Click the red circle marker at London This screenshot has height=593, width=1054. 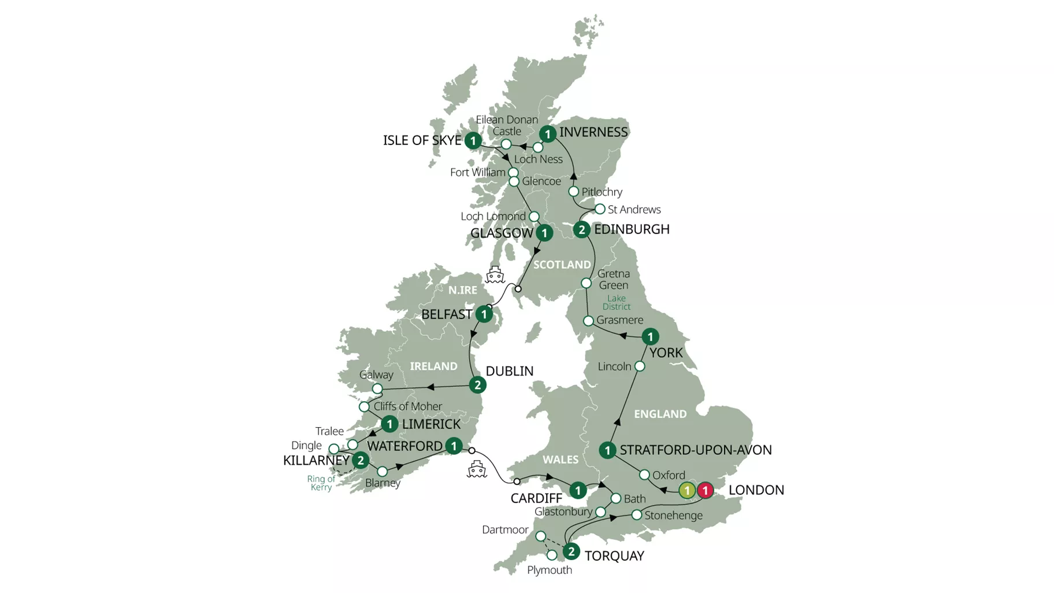point(704,491)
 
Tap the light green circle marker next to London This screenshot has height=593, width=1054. point(686,491)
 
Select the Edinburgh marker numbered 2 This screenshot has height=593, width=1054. point(581,229)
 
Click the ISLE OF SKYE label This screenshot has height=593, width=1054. point(422,140)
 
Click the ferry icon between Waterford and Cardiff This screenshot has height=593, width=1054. point(477,469)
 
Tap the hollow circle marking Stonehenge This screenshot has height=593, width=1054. point(636,514)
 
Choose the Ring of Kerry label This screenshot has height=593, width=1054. point(321,483)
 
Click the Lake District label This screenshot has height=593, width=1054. point(616,302)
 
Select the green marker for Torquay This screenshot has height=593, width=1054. point(571,551)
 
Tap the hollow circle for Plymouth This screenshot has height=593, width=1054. point(552,555)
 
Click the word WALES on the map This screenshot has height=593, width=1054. point(560,459)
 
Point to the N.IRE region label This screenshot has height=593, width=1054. point(463,290)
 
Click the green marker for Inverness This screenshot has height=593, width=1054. point(547,134)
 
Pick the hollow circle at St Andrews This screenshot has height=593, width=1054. point(600,209)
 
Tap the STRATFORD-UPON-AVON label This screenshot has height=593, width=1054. point(695,450)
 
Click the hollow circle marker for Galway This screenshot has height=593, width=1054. point(377,388)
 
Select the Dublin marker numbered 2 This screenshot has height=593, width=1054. point(477,385)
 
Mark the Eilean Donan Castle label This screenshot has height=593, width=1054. point(507,125)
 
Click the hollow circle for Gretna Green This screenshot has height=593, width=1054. point(586,283)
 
